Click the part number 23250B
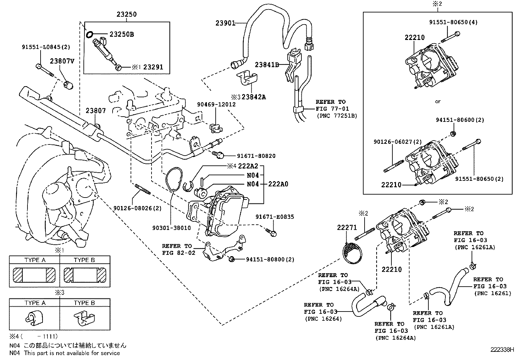(x=121, y=34)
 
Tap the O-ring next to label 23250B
(x=89, y=33)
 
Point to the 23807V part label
(x=62, y=61)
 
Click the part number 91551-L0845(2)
(x=46, y=47)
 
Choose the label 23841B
(x=267, y=65)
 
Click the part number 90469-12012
(x=216, y=104)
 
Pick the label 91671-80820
(x=256, y=156)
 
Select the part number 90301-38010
(x=171, y=228)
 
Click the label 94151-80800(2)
(x=270, y=259)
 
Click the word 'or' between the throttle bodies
(x=438, y=102)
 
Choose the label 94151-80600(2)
(x=459, y=120)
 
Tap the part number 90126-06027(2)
(x=398, y=142)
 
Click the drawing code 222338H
(x=502, y=350)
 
